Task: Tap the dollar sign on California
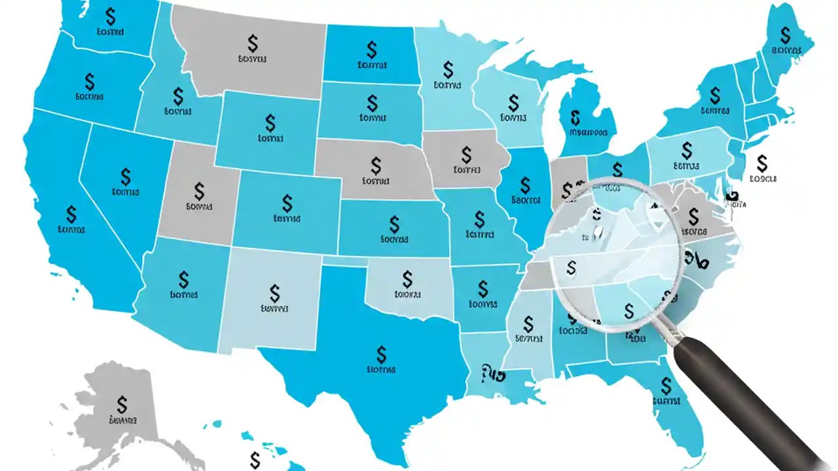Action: pos(71,214)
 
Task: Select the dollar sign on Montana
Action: pos(253,44)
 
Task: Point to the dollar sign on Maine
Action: pos(785,35)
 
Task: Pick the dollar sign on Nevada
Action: pos(126,176)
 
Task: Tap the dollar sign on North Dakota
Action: pos(372,49)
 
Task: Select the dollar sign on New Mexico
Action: pos(274,292)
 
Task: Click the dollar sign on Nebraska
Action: pos(376,164)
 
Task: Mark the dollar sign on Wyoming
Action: pos(270,122)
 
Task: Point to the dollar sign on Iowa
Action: pos(466,154)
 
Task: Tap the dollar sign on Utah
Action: pos(200,191)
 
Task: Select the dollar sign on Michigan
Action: pos(575,118)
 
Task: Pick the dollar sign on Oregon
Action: pos(90,81)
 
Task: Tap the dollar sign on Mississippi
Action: pos(529,323)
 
